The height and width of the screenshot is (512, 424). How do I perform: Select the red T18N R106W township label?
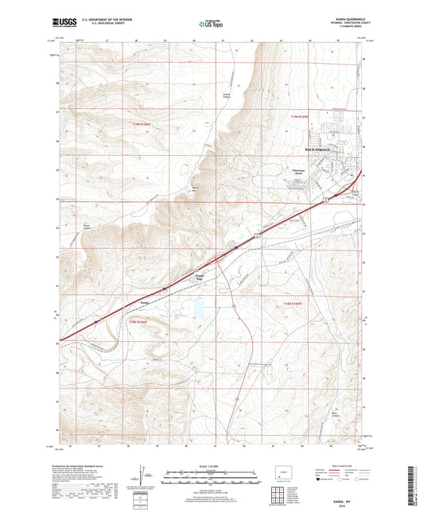point(138,320)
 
